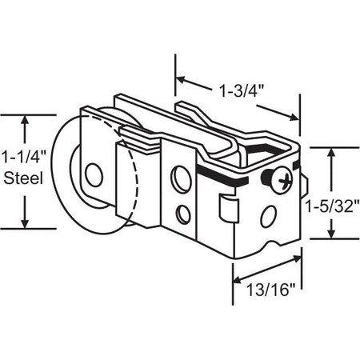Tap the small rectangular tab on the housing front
tap(228, 210)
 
